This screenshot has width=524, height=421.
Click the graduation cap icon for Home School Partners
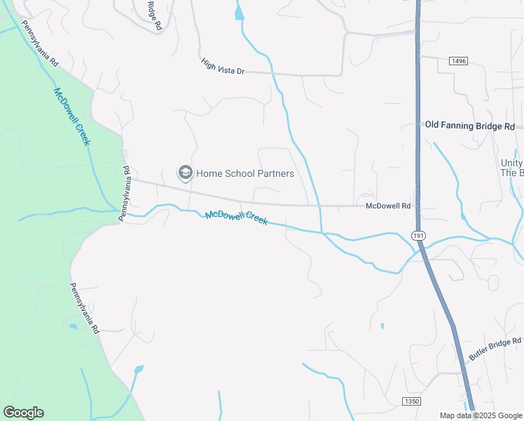click(185, 173)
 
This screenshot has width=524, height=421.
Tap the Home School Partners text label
click(244, 173)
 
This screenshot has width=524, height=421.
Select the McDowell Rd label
click(387, 206)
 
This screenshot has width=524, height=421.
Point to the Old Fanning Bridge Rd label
click(470, 126)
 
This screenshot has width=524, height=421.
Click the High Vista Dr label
click(223, 67)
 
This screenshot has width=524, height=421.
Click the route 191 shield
click(418, 236)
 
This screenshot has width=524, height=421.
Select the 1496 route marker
click(458, 62)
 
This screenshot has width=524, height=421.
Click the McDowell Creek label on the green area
click(72, 116)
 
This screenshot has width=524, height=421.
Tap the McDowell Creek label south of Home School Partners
click(236, 218)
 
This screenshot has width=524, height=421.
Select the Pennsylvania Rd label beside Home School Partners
click(127, 194)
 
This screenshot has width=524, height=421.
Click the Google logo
click(23, 413)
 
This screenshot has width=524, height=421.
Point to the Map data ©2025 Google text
click(481, 415)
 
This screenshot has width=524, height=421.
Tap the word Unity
click(511, 162)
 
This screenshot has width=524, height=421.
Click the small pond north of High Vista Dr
click(240, 12)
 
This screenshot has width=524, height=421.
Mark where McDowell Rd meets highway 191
click(418, 206)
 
